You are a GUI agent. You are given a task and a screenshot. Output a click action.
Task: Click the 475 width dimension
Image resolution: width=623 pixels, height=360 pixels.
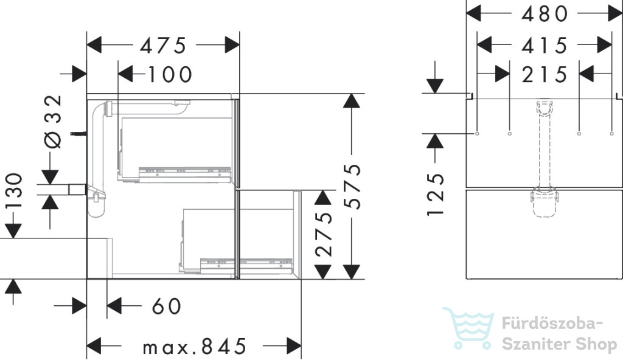pos(163,46)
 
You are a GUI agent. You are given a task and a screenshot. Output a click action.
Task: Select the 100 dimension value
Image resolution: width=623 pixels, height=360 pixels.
pos(170,75)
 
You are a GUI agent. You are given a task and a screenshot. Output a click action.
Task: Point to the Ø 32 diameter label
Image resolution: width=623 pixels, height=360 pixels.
pos(54,122)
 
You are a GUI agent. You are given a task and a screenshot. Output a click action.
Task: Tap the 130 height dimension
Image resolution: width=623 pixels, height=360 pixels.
pos(13,191)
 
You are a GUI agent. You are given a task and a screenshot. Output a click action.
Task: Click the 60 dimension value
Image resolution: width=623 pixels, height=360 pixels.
pos(167,306)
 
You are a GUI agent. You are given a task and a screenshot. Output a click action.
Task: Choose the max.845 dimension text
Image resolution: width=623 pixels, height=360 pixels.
pos(195,347)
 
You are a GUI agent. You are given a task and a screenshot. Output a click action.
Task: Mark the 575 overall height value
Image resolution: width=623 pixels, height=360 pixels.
pos(352,186)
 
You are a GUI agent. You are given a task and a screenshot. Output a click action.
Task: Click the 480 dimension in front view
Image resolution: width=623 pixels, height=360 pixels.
pos(545,15)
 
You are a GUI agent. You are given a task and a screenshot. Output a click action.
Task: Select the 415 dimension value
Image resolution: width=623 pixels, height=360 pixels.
pos(545,46)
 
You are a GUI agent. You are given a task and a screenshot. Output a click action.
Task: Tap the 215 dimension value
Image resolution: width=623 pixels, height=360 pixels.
pos(545,75)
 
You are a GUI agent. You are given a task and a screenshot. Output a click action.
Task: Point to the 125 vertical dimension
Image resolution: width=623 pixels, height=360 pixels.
pos(436,195)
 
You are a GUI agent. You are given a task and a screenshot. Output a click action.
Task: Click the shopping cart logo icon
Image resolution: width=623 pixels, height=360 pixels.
pos(469,328)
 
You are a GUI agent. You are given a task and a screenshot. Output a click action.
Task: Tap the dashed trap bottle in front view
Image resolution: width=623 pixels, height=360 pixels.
pos(545,202)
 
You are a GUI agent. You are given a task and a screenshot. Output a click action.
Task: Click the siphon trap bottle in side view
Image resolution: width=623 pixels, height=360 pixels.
pos(97,202)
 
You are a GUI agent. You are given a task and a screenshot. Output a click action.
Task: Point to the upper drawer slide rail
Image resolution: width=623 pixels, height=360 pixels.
pos(184,171)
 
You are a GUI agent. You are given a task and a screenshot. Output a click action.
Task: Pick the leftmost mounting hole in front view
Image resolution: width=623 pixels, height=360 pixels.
pos(477,134)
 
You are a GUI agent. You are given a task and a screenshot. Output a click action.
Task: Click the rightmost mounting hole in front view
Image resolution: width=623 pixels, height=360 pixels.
pos(611,134)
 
